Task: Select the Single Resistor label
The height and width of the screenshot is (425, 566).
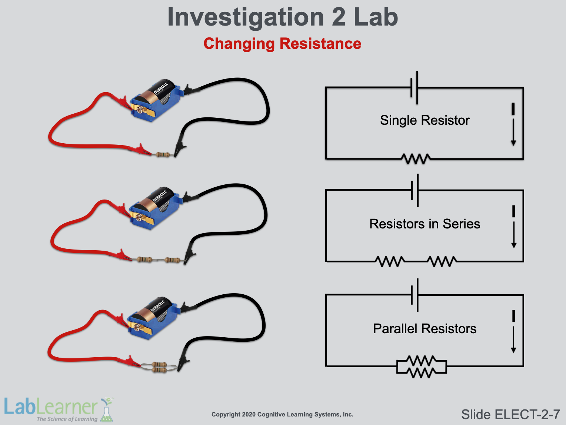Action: coord(424,120)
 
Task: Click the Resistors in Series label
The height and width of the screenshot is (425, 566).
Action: coord(424,224)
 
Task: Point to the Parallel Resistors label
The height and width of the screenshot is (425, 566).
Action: coord(424,329)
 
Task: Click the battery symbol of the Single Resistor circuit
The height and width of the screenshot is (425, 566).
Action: coord(415,88)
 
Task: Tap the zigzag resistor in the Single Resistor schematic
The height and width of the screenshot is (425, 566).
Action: coord(416,159)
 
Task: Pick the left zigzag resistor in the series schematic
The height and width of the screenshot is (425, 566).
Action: coord(390,261)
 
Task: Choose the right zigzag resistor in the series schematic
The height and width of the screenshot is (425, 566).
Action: coord(442,261)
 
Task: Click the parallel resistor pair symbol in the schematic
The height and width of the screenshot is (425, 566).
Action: coord(422,367)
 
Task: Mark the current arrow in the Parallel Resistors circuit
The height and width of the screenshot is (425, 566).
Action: coord(513,339)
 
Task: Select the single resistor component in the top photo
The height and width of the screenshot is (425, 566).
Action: coord(163,154)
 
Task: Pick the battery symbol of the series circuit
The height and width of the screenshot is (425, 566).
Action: coord(415,190)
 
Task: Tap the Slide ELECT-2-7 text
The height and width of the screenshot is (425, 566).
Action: coord(510,414)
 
